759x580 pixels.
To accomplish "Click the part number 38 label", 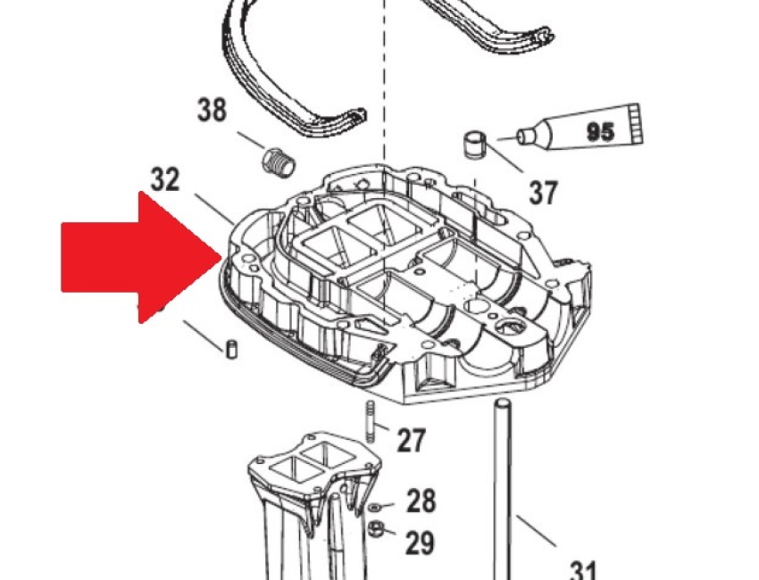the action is point(212,110).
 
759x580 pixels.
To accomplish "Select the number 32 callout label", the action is point(165,179).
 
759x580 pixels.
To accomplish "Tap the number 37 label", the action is point(543,192).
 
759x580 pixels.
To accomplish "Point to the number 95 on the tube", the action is point(600,131).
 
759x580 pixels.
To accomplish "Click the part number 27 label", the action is point(412,440).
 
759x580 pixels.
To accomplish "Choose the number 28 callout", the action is point(421,501).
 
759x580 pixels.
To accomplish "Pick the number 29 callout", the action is point(419,542).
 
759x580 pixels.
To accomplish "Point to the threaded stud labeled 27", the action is point(371,421).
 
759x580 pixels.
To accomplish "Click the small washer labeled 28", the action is point(373,507).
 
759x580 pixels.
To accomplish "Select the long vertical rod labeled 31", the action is point(502,489).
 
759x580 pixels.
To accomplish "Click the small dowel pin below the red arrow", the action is point(232,349).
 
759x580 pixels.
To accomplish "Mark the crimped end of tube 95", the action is point(636,124).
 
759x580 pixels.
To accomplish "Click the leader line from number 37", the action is point(505,157).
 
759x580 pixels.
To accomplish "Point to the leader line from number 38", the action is point(251,140).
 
